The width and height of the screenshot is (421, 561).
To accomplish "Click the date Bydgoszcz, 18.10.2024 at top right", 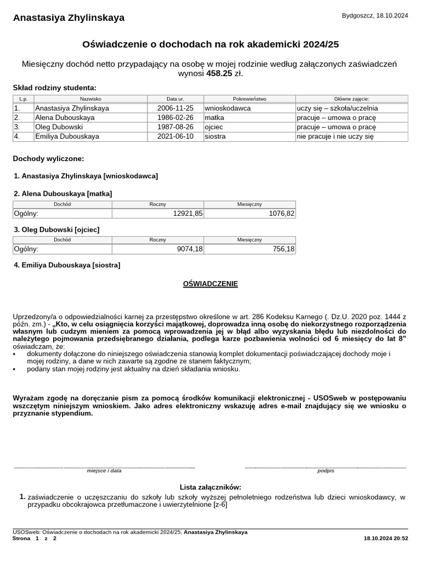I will click(375, 16).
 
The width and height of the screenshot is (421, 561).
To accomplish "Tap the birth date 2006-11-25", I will click(175, 108).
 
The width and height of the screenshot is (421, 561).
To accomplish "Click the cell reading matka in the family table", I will click(214, 118).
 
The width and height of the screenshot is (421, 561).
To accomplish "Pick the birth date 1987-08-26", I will click(175, 127).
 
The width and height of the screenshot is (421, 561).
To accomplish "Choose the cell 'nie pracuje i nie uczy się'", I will click(335, 136).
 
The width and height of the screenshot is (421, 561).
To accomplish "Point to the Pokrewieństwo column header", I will click(249, 99).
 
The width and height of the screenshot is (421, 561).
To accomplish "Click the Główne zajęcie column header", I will click(351, 99).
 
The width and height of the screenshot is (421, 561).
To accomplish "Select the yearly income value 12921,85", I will click(187, 214).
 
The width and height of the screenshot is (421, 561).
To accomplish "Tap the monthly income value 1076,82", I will click(282, 214).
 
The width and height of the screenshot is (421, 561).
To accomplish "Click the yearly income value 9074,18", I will click(190, 249).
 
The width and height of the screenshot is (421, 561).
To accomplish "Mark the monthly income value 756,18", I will click(283, 249).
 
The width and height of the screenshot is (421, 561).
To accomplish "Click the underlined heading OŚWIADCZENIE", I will click(210, 284).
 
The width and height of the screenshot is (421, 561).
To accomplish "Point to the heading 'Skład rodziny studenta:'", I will click(54, 88).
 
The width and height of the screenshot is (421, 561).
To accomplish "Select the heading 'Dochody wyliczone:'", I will click(48, 159).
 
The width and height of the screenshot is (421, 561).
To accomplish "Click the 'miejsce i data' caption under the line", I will click(104, 471).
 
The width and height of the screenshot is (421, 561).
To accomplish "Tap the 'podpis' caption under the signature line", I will click(326, 471).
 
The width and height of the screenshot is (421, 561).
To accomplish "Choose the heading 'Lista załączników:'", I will click(210, 487).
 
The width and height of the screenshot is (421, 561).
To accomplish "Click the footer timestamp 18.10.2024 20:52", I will click(386, 539).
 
